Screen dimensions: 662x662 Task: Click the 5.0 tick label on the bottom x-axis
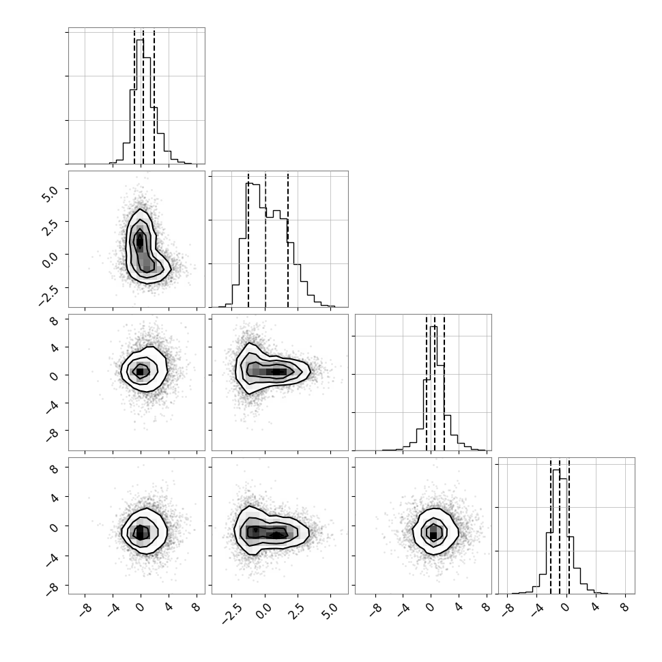pos(332,611)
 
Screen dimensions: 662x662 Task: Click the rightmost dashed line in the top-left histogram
pos(154,96)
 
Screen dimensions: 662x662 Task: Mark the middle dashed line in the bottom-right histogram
pos(560,526)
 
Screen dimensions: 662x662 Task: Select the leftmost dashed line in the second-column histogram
pos(248,240)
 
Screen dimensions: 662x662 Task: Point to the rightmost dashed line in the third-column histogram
pos(444,382)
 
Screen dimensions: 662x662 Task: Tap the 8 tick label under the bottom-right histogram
pos(625,608)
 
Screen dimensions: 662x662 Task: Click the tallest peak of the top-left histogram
pos(140,40)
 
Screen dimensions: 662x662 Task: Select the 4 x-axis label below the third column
pos(459,607)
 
